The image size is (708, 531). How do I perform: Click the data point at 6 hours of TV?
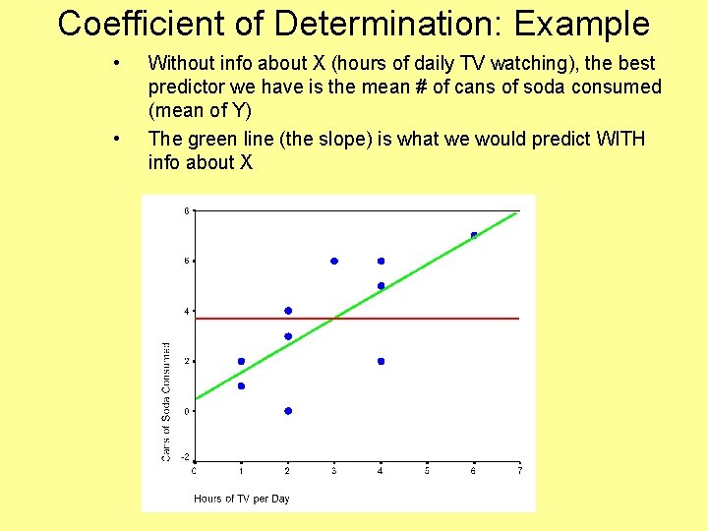[x=474, y=235]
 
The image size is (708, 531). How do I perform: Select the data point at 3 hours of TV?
[x=334, y=261]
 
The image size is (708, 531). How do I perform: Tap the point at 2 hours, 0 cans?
[x=287, y=411]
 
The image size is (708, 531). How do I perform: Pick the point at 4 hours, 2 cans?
[x=381, y=361]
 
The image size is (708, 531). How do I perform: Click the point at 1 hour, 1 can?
[x=241, y=385]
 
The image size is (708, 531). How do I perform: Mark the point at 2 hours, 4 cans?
[x=287, y=311]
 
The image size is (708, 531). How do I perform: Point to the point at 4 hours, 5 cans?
[x=381, y=286]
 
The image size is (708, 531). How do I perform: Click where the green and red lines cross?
[x=335, y=319]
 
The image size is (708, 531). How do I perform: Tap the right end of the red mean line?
[x=518, y=319]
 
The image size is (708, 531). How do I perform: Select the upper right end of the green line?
[x=515, y=212]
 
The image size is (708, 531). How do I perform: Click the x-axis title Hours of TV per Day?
[x=242, y=499]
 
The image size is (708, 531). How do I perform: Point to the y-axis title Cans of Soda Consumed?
[x=166, y=401]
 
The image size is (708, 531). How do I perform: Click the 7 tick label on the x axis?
[x=520, y=471]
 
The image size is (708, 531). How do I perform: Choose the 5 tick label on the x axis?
[x=427, y=471]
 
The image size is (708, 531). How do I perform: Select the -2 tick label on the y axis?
[x=186, y=460]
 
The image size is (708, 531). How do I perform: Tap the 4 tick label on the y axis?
[x=187, y=311]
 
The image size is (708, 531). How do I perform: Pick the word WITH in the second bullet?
[x=620, y=139]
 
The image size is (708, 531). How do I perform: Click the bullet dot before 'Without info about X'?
[x=117, y=63]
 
